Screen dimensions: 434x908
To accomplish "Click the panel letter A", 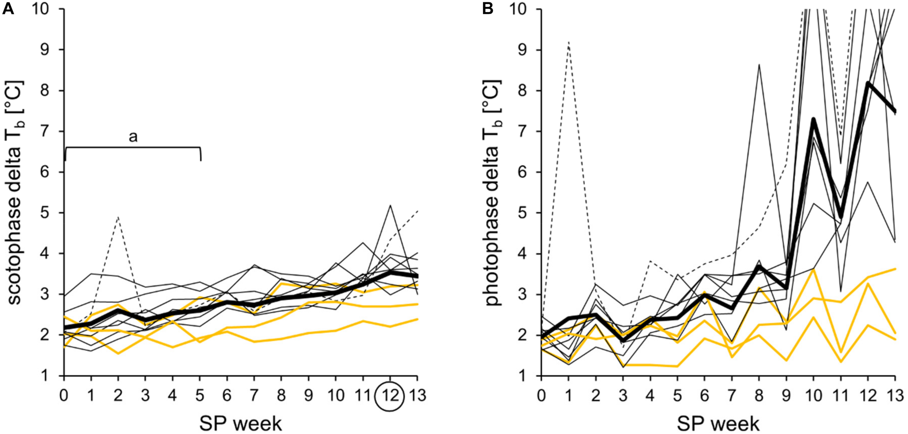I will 8,8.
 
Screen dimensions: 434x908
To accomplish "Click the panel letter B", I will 487,8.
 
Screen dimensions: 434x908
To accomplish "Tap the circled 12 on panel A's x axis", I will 389,396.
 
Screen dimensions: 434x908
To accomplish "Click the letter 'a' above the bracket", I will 133,137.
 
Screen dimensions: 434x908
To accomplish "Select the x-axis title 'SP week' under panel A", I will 240,423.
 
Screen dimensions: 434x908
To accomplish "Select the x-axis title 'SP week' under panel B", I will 718,423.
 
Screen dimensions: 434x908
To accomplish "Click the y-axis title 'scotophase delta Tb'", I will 15,192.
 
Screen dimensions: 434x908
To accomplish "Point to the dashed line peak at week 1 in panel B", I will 568,42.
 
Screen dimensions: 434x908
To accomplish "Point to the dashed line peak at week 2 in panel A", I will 118,217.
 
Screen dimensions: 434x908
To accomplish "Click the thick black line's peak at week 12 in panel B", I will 868,83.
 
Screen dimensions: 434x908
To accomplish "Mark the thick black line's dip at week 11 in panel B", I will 841,217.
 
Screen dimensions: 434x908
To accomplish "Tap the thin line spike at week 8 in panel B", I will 759,65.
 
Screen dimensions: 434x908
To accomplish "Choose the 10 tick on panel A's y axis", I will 41,9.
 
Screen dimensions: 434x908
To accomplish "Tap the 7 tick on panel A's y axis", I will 45,131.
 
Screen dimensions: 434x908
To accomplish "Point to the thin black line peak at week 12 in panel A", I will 390,205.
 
